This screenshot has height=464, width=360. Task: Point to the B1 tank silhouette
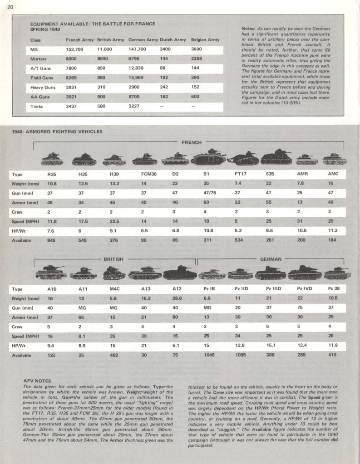[x=209, y=158]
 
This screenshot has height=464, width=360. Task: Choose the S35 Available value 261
[x=271, y=240]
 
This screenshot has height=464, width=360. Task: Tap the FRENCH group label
[x=192, y=142]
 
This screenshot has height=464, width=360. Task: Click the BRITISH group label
[x=113, y=259]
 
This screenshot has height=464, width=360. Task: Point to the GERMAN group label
[x=270, y=259]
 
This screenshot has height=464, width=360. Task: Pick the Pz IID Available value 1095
[x=241, y=355]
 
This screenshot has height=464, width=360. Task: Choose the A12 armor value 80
[x=175, y=317]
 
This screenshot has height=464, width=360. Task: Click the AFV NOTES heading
[x=37, y=380]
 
